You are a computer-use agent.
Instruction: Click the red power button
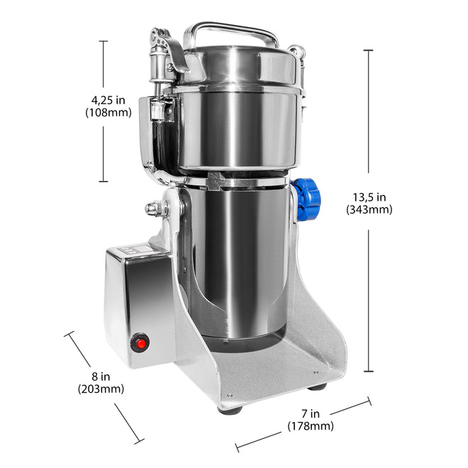pos(140,343)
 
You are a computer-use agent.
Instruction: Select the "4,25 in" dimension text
pos(108,100)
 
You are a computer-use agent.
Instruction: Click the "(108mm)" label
pos(108,113)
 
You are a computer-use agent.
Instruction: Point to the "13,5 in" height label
pos(369,197)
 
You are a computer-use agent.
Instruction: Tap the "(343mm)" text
pos(369,209)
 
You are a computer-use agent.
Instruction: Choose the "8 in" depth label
pos(101,377)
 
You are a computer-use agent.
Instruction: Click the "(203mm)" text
pos(101,389)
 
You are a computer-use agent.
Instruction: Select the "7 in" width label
pos(311,413)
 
